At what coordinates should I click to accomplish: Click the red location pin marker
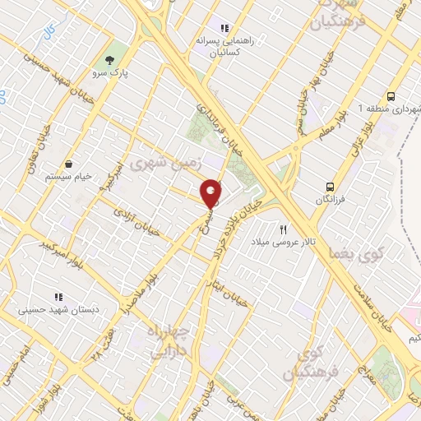[211, 193]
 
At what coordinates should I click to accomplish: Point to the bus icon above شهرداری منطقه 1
[390, 96]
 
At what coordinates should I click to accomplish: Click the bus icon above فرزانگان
[330, 187]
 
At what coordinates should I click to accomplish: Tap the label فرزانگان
[331, 200]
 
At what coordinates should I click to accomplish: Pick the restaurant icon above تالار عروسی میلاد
[284, 229]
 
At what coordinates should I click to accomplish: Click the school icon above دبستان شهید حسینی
[58, 296]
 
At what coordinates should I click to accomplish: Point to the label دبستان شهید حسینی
[58, 309]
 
